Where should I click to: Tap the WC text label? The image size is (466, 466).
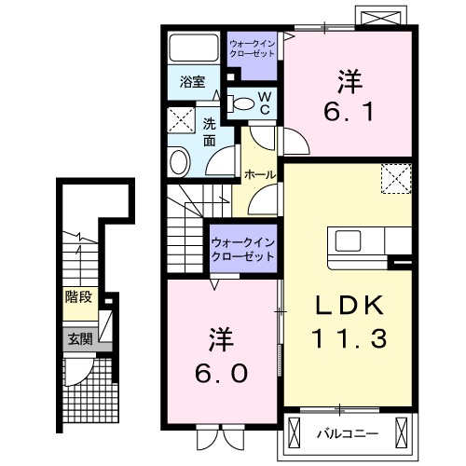(x=264, y=103)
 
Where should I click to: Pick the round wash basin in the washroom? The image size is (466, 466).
(x=180, y=161)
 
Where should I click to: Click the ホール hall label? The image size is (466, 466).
(x=258, y=174)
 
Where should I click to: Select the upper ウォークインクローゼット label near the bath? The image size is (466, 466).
(x=252, y=48)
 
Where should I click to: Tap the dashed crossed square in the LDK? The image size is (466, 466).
(x=395, y=177)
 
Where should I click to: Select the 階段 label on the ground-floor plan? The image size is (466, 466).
(x=77, y=299)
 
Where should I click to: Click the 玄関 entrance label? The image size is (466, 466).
(x=77, y=339)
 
